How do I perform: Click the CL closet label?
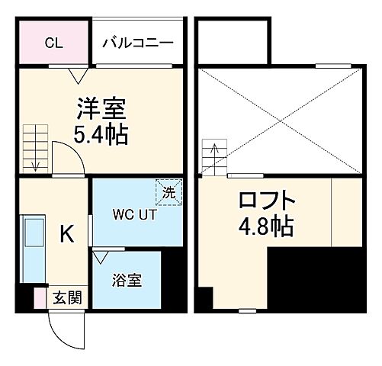tap(53, 43)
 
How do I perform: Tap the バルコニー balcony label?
tap(138, 43)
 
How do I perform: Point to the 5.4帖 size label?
tap(101, 135)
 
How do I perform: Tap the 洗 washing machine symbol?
tap(169, 191)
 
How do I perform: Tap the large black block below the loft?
tap(316, 282)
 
